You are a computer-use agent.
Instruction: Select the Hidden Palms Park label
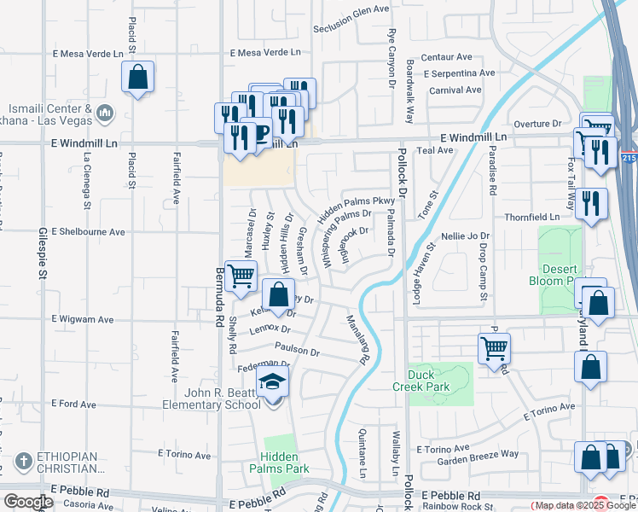click(279, 463)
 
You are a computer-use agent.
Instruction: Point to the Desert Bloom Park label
click(565, 274)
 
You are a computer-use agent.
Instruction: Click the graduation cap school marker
click(273, 383)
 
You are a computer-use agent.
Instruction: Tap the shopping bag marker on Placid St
click(136, 78)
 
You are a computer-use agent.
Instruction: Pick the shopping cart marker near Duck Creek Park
click(494, 347)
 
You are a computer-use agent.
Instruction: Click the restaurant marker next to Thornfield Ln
click(591, 204)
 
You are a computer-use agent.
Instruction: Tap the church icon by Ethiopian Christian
click(23, 462)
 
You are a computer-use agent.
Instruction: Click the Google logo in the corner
click(28, 502)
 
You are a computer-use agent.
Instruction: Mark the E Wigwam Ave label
click(83, 320)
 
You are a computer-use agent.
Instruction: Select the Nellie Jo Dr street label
click(466, 236)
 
